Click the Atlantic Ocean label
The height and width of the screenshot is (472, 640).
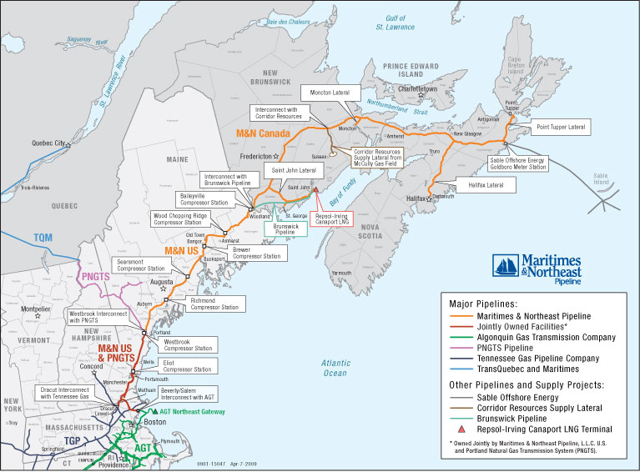[x=335, y=368]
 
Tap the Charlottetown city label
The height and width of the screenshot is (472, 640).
[x=418, y=88]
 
